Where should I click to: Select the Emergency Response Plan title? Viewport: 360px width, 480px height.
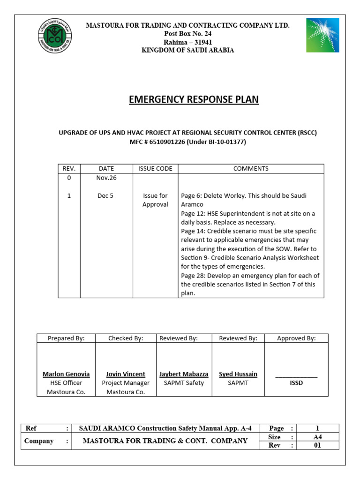[x=194, y=99]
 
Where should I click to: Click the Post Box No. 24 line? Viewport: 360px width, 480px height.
[x=187, y=33]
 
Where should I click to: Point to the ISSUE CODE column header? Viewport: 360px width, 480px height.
[x=155, y=169]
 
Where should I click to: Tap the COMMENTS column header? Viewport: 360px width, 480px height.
[x=251, y=169]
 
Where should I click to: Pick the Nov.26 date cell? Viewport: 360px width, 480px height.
[x=106, y=178]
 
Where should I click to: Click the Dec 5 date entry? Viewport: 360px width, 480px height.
[x=105, y=196]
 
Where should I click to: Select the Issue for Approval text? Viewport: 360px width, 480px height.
[x=155, y=200]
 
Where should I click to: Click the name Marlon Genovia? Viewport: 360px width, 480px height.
[x=66, y=374]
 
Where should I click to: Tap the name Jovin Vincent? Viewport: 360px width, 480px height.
[x=126, y=374]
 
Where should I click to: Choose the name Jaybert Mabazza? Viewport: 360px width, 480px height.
[x=184, y=374]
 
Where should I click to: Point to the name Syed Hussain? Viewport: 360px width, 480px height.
[x=238, y=374]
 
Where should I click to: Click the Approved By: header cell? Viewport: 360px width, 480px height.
[x=296, y=338]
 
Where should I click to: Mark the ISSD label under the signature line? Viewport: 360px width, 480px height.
[x=296, y=383]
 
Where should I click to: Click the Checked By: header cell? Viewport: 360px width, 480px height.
[x=126, y=338]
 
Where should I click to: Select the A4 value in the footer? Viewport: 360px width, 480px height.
[x=317, y=437]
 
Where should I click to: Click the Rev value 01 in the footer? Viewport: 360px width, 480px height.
[x=317, y=445]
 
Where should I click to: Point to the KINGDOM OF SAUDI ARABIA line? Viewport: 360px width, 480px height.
[x=187, y=50]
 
